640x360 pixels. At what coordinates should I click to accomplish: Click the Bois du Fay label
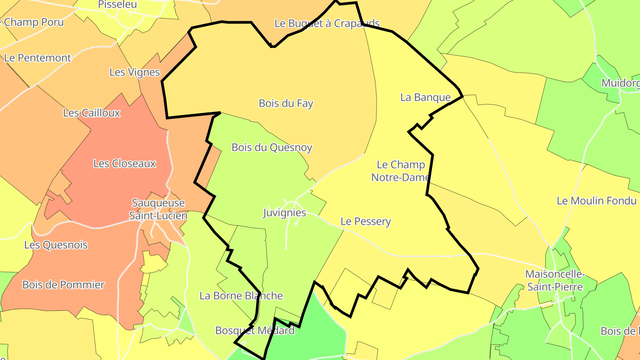(x=286, y=104)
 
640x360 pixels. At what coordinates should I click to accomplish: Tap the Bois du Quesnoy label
(x=272, y=148)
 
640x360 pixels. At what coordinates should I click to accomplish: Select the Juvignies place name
(x=284, y=213)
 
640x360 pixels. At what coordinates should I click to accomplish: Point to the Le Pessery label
(x=365, y=221)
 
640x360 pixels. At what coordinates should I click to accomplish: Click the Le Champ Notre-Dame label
(x=400, y=171)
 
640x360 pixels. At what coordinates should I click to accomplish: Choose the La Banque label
(x=425, y=97)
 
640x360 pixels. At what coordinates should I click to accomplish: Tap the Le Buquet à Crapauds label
(x=327, y=24)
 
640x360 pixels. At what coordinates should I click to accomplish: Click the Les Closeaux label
(x=124, y=164)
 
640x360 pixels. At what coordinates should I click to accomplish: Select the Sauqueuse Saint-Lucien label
(x=158, y=209)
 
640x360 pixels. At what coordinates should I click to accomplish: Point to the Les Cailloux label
(x=92, y=113)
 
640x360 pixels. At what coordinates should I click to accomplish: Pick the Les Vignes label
(x=134, y=72)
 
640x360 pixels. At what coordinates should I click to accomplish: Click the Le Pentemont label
(x=37, y=58)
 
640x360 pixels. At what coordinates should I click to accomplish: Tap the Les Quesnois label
(x=56, y=245)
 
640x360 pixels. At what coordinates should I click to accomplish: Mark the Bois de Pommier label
(x=63, y=285)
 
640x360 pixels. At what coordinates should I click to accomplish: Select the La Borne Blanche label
(x=241, y=296)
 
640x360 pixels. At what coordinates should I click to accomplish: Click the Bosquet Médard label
(x=255, y=331)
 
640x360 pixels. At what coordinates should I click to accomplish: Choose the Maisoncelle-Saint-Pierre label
(x=555, y=280)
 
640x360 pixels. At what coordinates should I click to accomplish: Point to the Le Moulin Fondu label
(x=596, y=201)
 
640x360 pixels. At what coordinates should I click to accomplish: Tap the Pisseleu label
(x=117, y=4)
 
